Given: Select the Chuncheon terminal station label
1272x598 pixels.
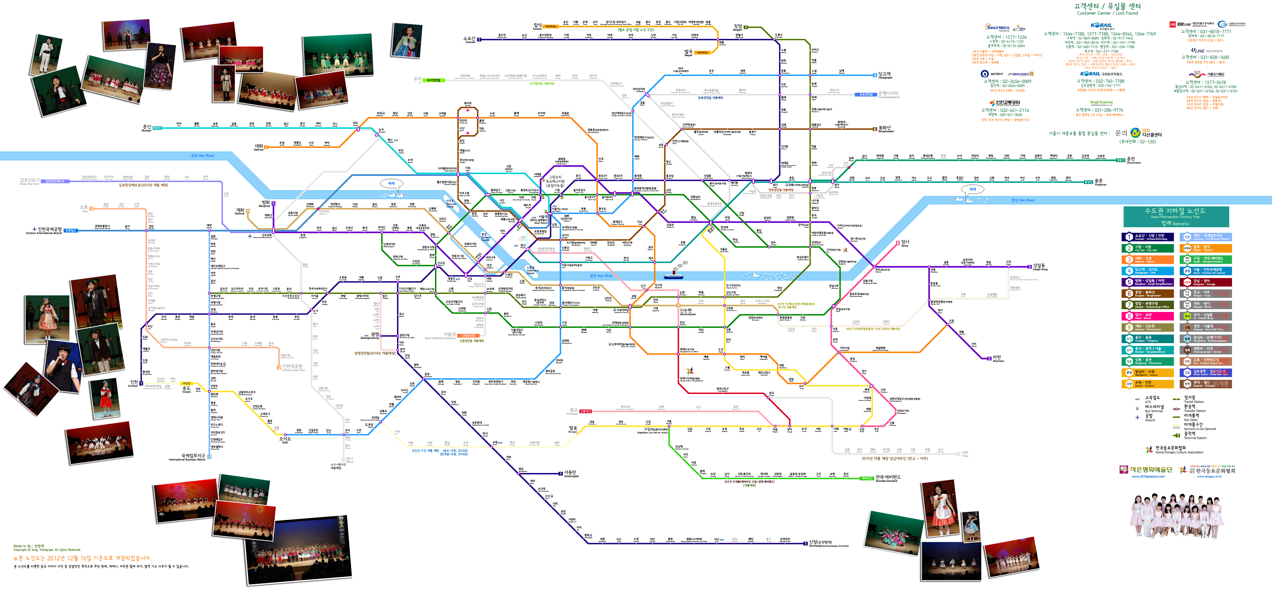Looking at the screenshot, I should pyautogui.click(x=1133, y=160).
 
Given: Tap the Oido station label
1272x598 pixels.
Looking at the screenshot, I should pyautogui.click(x=285, y=439).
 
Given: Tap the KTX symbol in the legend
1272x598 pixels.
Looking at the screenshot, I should pyautogui.click(x=1137, y=399).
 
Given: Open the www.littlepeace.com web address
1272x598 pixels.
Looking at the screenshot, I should pyautogui.click(x=1148, y=477).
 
